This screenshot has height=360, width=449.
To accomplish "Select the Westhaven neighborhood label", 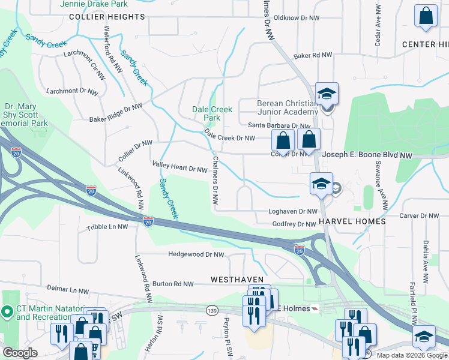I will click(234, 280).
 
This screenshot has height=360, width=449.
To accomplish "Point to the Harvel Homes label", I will click(352, 221).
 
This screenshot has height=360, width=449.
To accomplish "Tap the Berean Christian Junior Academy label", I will click(288, 107).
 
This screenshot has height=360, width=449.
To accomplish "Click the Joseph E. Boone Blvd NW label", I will click(367, 155).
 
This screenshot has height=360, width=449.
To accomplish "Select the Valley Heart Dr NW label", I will click(179, 169).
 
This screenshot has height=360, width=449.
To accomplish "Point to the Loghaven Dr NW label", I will click(292, 212).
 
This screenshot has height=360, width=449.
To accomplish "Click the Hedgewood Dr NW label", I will click(196, 254).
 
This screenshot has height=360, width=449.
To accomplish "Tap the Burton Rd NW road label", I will click(173, 283).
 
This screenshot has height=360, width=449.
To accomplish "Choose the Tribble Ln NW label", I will click(107, 227).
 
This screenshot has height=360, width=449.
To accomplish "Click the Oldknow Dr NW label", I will click(295, 18).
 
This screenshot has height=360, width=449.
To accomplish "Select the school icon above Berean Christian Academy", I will click(327, 93).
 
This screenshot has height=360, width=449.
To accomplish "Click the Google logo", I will click(20, 352).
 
